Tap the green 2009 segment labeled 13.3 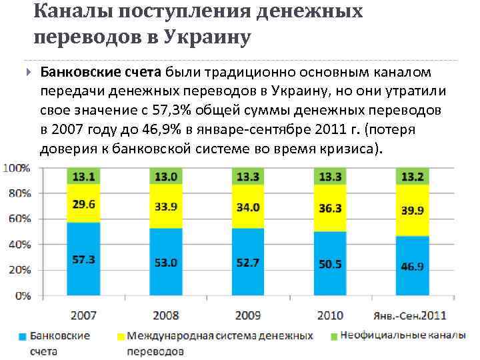pos(247,176)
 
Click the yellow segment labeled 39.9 pos(411,210)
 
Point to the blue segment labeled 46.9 pos(411,265)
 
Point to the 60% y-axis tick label pos(19,219)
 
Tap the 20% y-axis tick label pos(19,269)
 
